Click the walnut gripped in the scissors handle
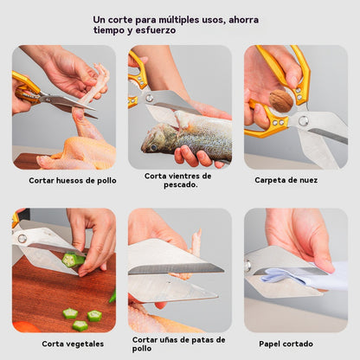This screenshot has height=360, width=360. coord(280,101)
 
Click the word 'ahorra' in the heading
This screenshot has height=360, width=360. coord(241,19)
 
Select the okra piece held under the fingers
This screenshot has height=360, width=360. coord(74,259)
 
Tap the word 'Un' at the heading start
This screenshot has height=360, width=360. coord(99,19)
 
